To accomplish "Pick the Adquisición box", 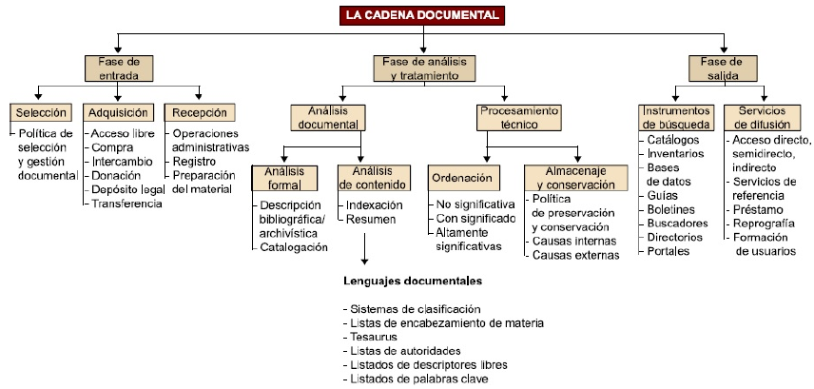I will [118, 113].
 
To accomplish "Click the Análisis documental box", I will [325, 117].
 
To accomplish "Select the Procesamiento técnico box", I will [514, 117].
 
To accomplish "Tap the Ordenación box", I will [461, 178].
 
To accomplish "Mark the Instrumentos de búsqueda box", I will [673, 117].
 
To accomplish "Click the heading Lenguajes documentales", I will [413, 282].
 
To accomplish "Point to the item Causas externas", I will [574, 255].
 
